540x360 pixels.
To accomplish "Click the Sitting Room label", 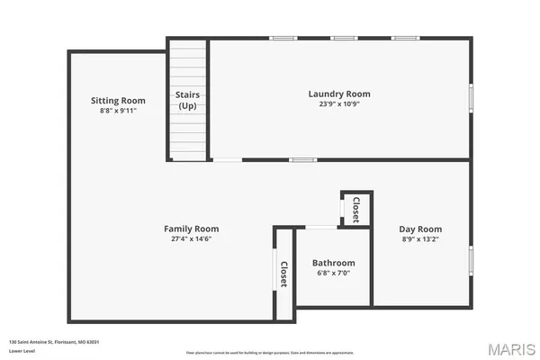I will pos(118,100).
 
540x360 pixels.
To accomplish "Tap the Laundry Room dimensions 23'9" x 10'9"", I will pos(338,103).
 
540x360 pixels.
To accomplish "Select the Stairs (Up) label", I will pos(187,100).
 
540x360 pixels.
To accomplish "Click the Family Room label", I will pos(191,229).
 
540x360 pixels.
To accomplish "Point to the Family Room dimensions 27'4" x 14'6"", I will pos(191,238).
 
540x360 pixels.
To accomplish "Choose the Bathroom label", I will pos(333,263).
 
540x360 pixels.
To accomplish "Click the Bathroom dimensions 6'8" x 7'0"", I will pos(333,273).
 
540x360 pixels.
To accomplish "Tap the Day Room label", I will pos(420,229).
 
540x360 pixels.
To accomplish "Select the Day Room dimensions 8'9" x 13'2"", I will pos(420,238).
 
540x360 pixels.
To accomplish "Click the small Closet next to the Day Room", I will pos(355,208).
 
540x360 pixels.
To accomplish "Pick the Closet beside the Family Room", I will pos(283,273).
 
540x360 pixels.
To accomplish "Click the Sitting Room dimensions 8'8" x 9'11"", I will pos(118,110).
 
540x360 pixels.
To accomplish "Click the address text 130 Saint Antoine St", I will pos(54,341).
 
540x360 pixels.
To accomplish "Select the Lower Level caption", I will pos(22,350).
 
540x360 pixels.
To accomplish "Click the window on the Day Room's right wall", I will pos(470,259).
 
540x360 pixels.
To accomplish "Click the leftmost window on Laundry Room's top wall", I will pos(283,39).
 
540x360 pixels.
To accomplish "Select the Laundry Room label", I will pos(338,94).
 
